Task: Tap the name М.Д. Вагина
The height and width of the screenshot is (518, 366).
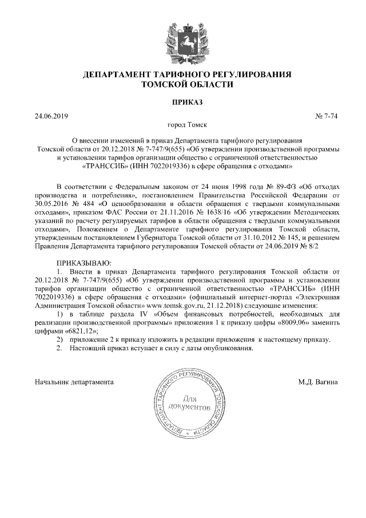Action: pyautogui.click(x=317, y=381)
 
